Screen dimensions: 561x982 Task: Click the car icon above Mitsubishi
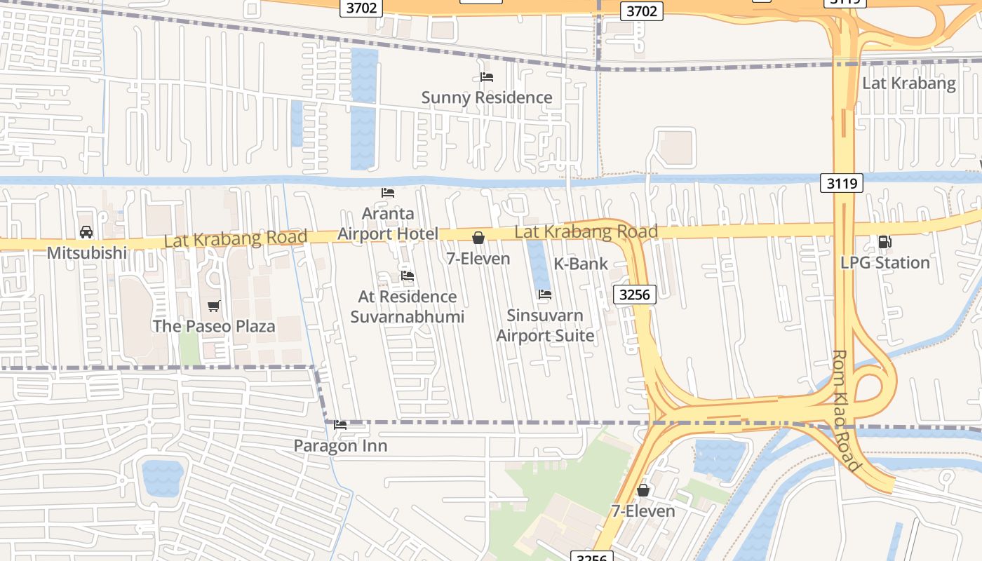pos(86,232)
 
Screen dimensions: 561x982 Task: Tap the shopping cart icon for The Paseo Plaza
pos(214,306)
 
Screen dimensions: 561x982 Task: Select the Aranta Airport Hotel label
pos(388,224)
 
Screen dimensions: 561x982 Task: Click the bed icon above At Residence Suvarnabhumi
pos(408,276)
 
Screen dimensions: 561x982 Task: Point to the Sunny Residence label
pos(487,97)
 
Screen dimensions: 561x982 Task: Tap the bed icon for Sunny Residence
pos(487,77)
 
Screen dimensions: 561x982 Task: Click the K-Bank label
pos(581,264)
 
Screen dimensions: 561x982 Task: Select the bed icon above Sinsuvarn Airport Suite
pos(545,295)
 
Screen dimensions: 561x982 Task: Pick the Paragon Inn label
pos(340,446)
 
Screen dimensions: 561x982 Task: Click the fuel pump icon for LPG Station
pos(885,242)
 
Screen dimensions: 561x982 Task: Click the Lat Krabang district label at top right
pos(908,83)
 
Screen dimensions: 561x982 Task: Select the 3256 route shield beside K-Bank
pos(635,295)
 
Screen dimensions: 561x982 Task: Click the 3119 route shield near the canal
pos(841,184)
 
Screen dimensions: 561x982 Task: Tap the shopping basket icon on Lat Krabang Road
pos(478,238)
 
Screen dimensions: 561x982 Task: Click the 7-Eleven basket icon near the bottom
pos(643,490)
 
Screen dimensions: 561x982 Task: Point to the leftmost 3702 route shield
pos(362,8)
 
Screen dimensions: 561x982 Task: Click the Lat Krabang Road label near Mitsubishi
pos(236,238)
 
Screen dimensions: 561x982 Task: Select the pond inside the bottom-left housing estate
pos(163,477)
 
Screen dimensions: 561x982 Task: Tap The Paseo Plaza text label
pos(214,326)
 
